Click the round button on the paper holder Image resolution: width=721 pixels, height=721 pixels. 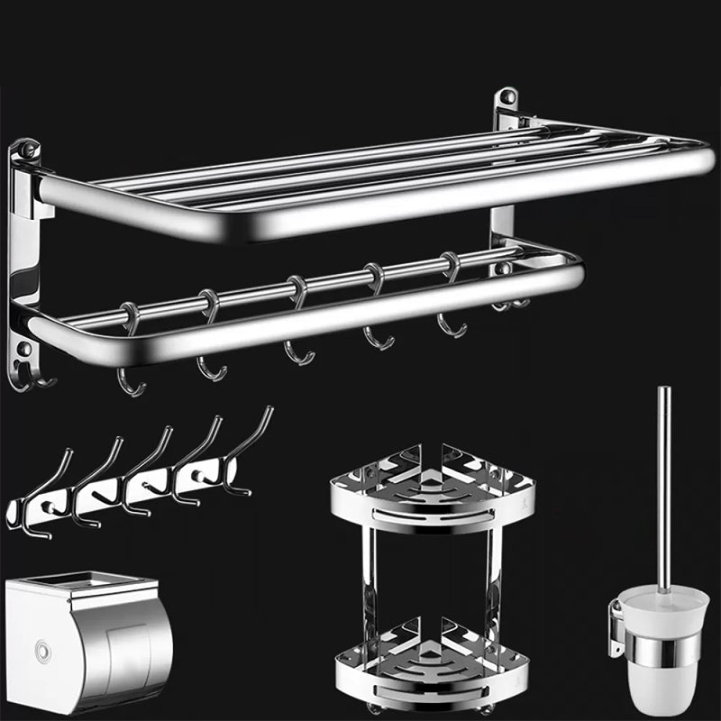coord(37,646)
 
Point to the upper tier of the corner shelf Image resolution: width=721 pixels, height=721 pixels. coord(433,491)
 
